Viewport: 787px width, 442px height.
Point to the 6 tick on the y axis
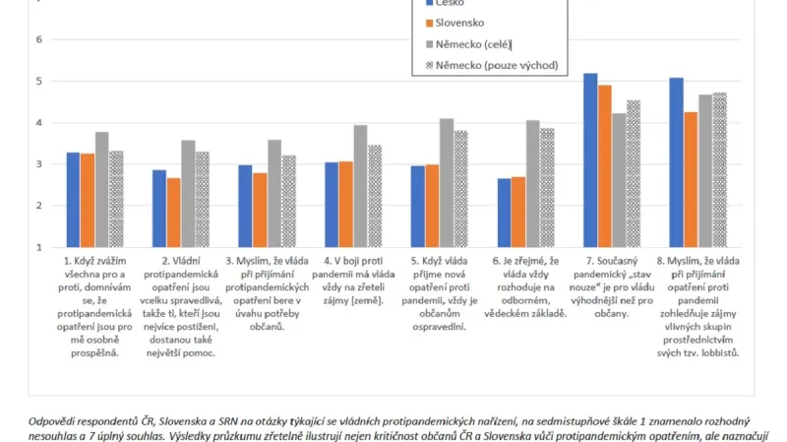[x=39, y=40]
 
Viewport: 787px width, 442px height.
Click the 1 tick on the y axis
[x=39, y=247]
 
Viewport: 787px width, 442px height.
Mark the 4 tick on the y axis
[x=39, y=123]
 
